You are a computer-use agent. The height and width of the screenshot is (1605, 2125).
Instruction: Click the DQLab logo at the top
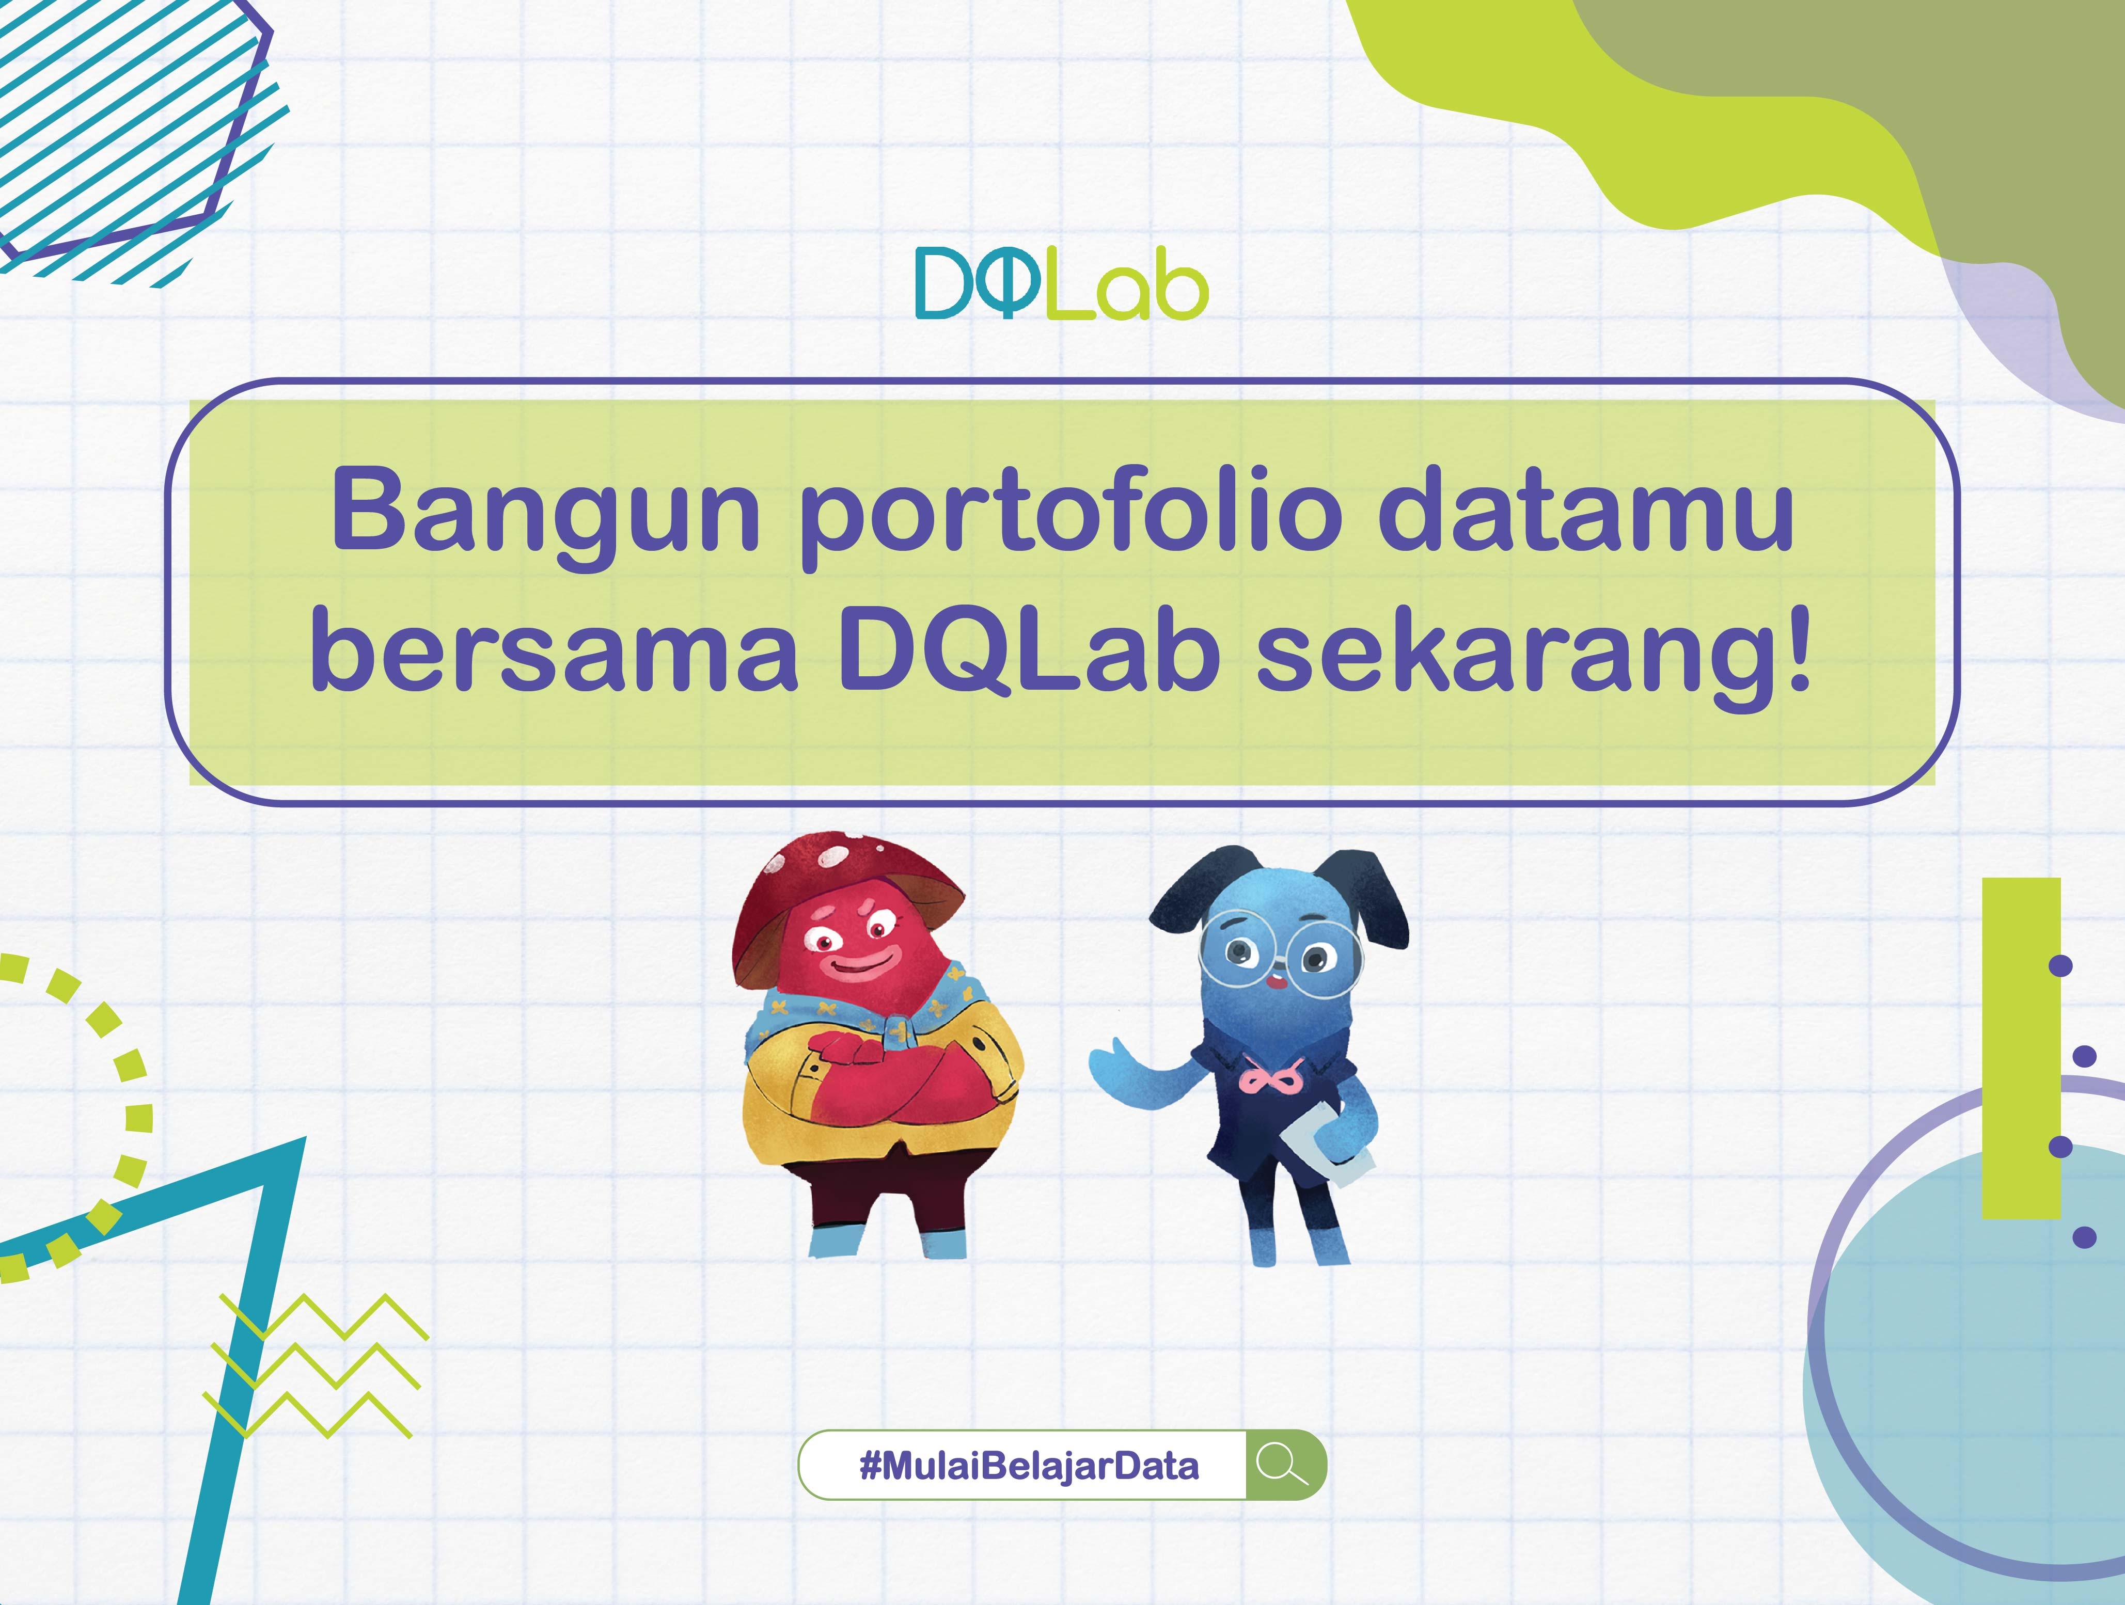click(1061, 283)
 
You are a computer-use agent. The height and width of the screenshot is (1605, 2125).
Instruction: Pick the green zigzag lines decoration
click(315, 1366)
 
